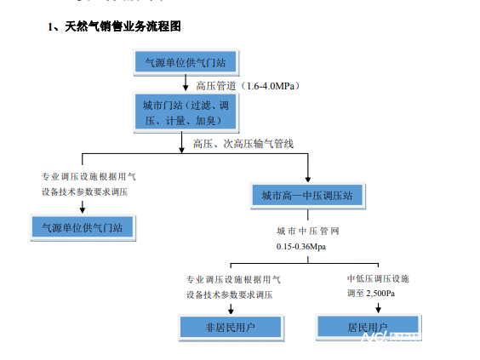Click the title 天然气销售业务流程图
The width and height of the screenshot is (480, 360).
click(113, 27)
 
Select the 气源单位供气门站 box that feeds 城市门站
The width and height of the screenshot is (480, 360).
click(185, 62)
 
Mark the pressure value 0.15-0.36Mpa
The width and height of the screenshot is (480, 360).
click(300, 246)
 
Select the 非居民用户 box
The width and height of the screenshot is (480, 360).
click(231, 327)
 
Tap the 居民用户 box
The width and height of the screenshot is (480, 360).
click(367, 327)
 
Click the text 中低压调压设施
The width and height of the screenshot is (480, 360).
click(377, 278)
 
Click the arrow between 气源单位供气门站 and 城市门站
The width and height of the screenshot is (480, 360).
click(186, 84)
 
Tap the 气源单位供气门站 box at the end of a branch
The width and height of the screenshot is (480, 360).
click(82, 227)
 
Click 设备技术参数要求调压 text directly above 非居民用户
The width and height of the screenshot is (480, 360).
click(229, 294)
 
